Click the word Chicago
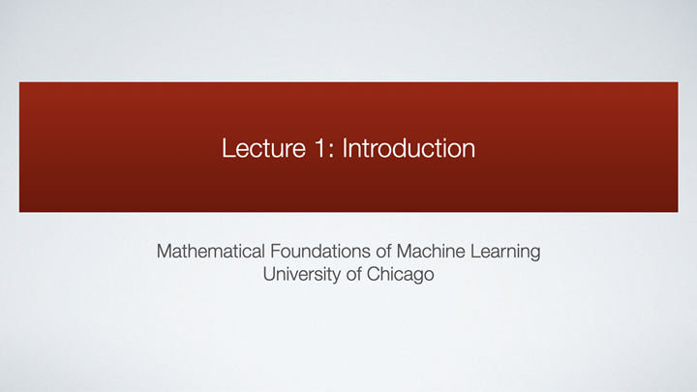point(402,275)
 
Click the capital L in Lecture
point(227,149)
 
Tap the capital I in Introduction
point(346,149)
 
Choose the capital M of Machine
point(400,253)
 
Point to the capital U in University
point(268,274)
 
